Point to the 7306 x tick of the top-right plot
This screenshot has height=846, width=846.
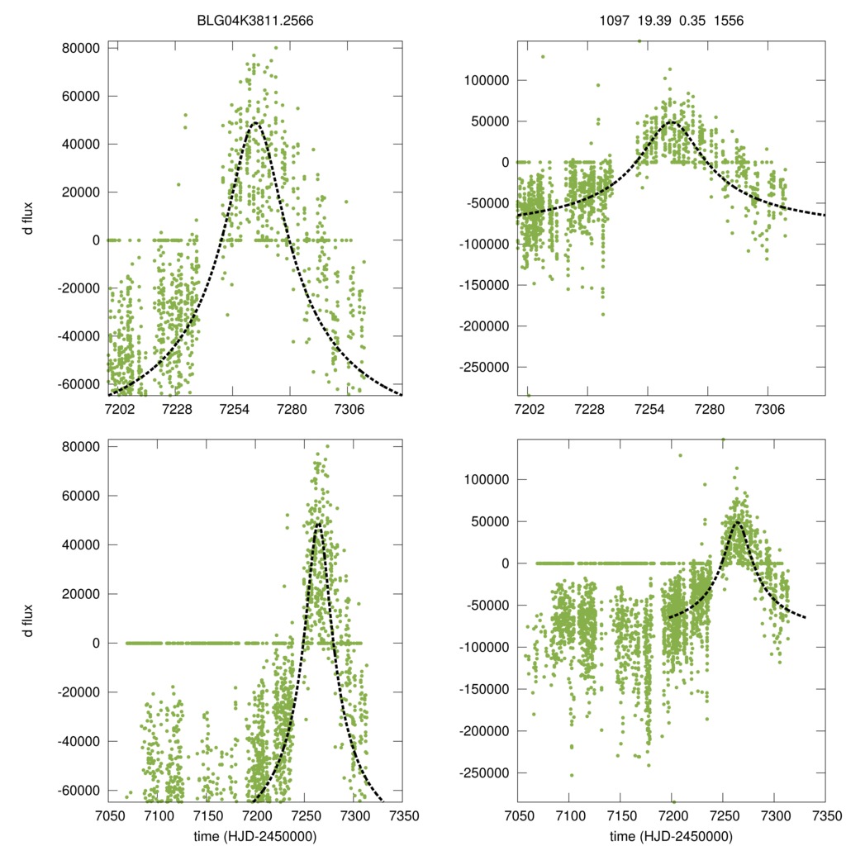coord(768,411)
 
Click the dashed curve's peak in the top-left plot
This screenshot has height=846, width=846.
coord(254,123)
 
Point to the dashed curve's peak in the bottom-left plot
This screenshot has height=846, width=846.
coord(318,524)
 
